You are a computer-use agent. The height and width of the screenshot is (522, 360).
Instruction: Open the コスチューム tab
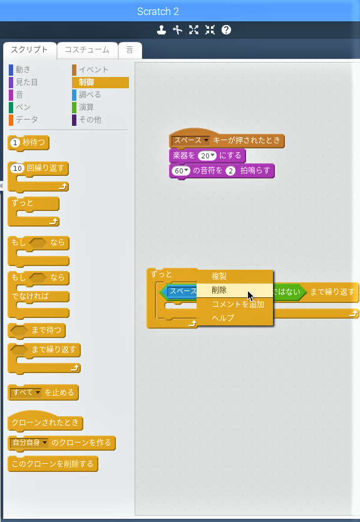pos(87,50)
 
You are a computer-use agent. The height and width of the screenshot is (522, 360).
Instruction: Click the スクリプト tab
pos(29,50)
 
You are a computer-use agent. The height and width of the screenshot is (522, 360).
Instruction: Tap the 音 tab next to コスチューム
pos(130,50)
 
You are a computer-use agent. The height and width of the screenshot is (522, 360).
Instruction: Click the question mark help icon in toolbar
pos(226,30)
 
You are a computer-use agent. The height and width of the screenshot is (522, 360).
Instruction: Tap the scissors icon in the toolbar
pos(178,30)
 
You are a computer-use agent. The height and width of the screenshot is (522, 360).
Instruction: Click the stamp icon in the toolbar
pos(162,30)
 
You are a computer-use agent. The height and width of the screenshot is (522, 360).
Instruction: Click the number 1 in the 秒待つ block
pos(15,143)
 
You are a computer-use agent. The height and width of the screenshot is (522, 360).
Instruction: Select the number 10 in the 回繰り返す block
pos(18,168)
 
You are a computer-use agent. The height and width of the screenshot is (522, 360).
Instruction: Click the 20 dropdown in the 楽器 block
pos(207,156)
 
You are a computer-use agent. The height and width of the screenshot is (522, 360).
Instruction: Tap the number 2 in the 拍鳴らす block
pos(230,171)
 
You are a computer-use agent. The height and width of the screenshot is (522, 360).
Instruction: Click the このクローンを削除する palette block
pos(53,464)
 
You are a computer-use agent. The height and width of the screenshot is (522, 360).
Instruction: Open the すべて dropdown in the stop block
pos(26,392)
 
